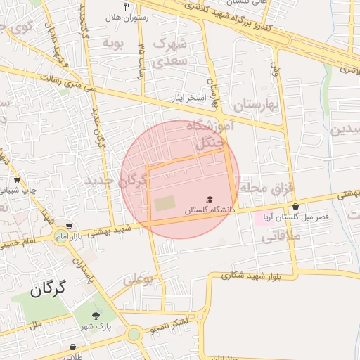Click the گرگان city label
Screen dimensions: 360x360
pos(47,288)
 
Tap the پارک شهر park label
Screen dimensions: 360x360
pos(96,328)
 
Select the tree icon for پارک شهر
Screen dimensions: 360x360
pos(96,316)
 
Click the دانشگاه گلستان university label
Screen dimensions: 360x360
pos(213,210)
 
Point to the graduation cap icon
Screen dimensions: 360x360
pos(209,200)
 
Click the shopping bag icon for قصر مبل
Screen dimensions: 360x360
pos(295,207)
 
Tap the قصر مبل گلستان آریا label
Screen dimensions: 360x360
pos(296,218)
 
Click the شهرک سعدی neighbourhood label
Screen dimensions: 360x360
pos(169,53)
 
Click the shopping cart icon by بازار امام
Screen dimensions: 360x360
pos(69,226)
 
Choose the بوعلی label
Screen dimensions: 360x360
pos(138,280)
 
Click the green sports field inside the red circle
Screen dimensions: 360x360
pos(165,204)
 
